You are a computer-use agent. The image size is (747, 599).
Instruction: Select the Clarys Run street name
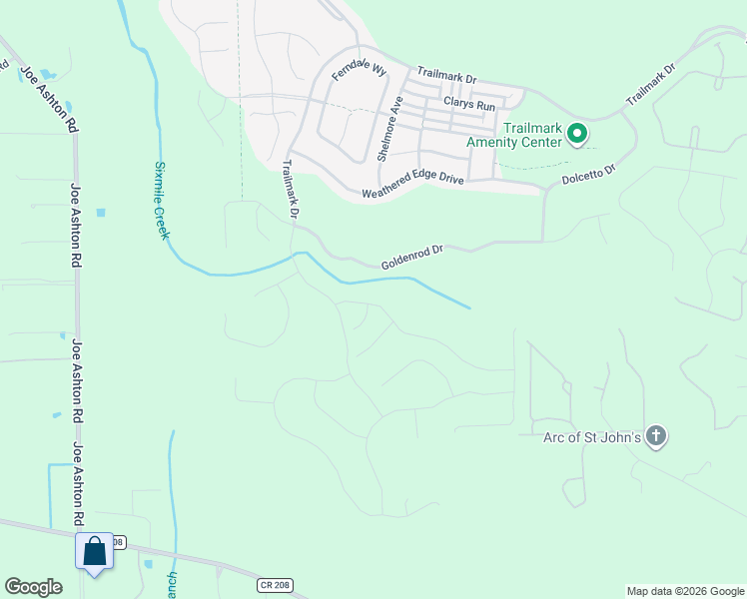(469, 104)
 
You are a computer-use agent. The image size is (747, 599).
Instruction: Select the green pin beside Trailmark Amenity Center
(576, 133)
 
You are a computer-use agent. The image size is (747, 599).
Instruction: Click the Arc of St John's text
(591, 436)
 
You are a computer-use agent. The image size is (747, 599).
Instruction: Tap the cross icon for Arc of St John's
(655, 435)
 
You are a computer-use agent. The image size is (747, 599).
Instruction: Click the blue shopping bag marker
(95, 551)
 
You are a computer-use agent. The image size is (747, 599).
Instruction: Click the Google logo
(34, 587)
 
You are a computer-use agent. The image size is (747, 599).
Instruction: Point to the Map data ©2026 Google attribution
(685, 591)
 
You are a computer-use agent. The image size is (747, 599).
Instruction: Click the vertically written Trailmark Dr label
(292, 189)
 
